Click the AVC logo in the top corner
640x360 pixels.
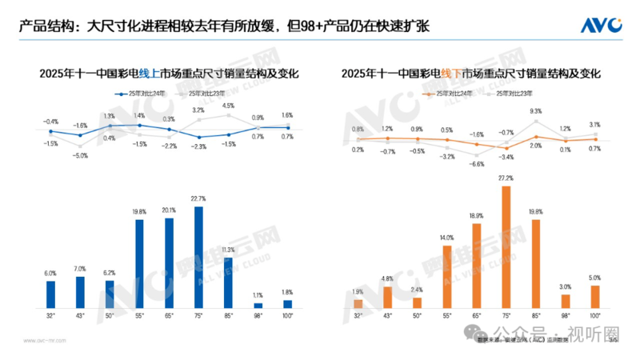point(602,26)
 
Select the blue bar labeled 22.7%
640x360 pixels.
point(198,257)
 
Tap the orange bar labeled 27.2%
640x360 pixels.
point(506,249)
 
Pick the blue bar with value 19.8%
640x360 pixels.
point(138,263)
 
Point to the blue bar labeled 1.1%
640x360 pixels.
point(258,305)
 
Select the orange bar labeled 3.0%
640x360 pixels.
point(566,301)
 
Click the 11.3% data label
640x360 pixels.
point(228,250)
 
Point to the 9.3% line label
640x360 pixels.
point(536,111)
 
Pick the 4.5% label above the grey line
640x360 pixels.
point(228,106)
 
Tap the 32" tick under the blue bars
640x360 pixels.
point(50,316)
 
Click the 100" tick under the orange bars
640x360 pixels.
point(595,316)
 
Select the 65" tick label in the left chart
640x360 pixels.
point(169,316)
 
